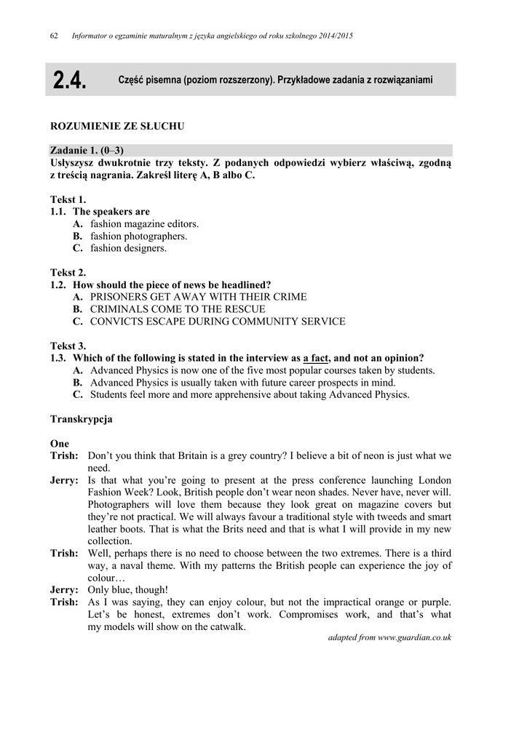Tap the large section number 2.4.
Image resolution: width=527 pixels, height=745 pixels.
69,81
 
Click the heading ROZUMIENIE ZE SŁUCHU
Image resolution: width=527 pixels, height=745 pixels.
116,127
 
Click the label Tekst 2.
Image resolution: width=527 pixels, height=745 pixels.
68,273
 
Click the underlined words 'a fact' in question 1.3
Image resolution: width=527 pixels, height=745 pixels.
316,358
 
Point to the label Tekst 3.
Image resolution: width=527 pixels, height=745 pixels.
68,346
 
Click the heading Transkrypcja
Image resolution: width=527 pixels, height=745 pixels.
81,420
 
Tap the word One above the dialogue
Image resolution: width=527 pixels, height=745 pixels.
60,444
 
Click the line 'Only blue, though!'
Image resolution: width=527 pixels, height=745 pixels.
127,590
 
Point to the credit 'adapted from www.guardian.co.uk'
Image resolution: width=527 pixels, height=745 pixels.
389,637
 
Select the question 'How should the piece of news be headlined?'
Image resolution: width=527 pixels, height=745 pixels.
171,284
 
